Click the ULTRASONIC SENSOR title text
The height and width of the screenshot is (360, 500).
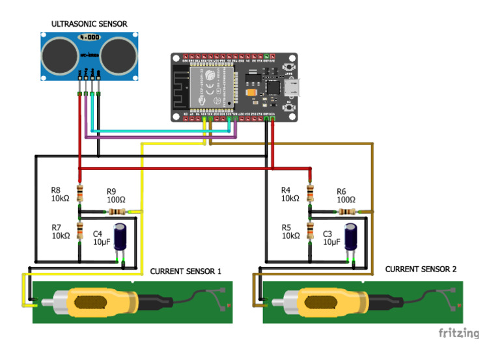89,24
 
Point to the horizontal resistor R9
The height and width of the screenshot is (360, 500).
117,212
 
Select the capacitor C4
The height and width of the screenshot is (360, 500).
121,238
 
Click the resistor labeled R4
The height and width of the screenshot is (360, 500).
309,193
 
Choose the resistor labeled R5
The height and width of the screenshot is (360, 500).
309,231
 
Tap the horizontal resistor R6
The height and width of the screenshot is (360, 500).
346,212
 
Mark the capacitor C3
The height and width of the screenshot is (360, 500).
351,238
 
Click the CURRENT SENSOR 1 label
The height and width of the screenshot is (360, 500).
186,271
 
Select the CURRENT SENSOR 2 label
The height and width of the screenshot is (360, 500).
421,269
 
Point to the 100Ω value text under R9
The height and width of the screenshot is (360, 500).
117,200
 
